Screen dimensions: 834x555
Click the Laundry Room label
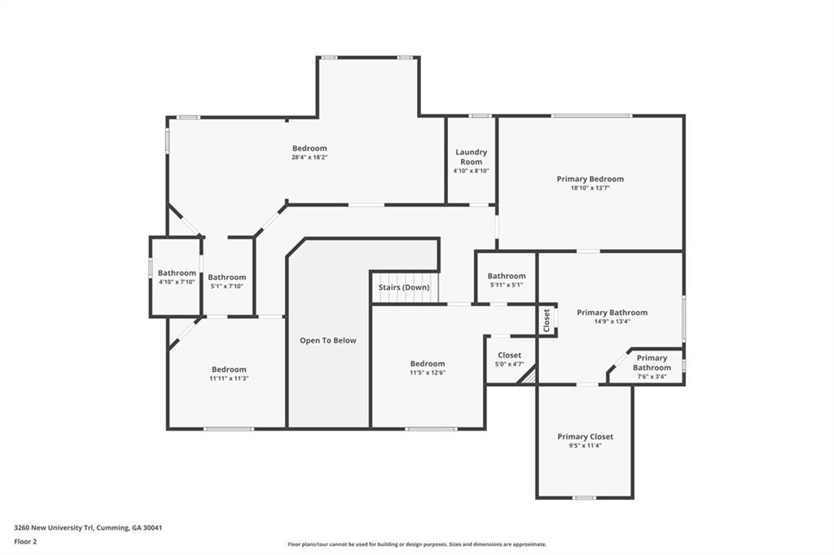472,157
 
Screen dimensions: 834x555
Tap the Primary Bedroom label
590,178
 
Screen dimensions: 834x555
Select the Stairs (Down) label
404,287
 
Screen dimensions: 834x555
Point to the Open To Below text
328,340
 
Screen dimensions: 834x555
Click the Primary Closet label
585,436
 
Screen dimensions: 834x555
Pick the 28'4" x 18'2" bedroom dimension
309,157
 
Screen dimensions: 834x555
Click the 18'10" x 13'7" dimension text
590,188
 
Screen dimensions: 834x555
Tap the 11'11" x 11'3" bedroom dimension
229,378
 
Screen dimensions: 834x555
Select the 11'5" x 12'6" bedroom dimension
428,373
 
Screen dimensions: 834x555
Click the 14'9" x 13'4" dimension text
612,321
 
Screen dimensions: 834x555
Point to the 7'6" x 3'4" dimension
652,377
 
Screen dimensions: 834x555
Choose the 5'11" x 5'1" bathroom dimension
507,285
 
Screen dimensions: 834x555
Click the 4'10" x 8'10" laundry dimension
472,171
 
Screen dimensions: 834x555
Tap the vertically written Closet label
546,321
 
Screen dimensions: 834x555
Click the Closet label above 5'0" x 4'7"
510,355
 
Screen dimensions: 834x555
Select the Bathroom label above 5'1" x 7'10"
227,277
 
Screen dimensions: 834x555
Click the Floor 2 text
25,542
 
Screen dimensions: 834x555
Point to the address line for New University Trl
88,528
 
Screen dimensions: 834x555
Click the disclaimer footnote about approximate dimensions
417,544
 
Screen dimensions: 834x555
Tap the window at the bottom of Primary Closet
584,498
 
